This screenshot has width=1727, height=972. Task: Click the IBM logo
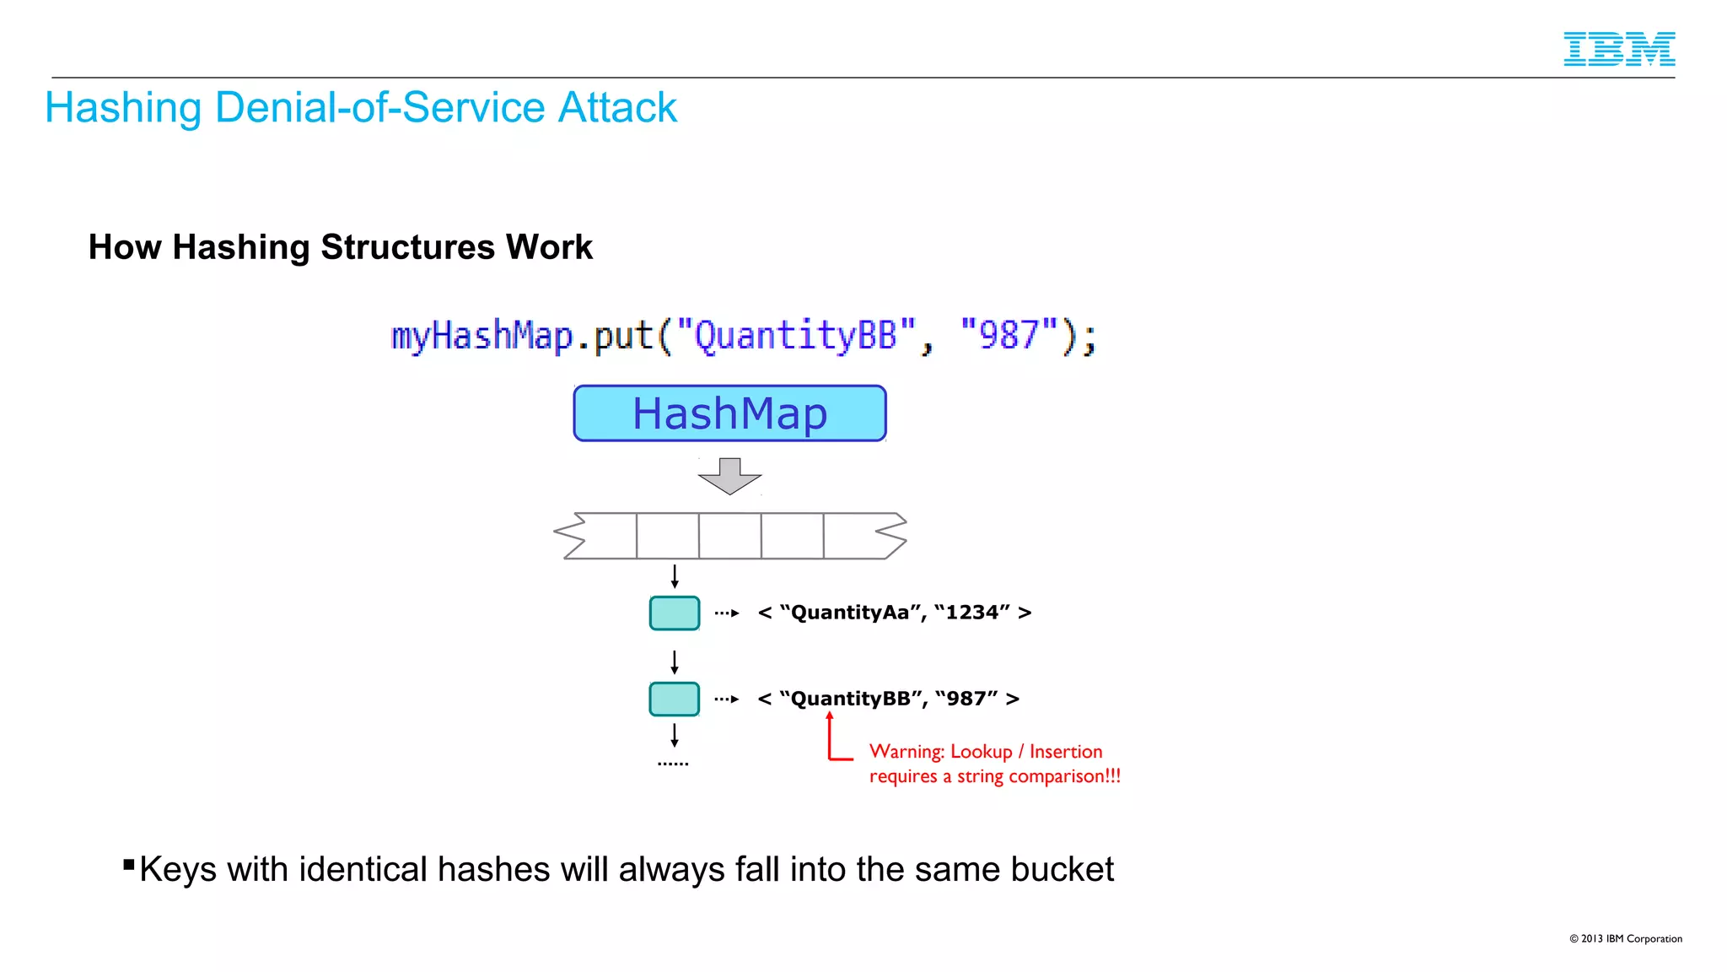tap(1618, 49)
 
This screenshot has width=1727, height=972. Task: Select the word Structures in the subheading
tap(407, 247)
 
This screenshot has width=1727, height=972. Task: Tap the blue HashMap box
tap(729, 413)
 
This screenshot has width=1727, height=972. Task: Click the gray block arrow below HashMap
tap(729, 476)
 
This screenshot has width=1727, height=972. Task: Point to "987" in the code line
tap(1009, 335)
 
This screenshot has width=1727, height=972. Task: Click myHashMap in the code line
tap(482, 336)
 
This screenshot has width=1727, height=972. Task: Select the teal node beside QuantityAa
tap(674, 613)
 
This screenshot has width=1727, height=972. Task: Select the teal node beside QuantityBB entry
tap(674, 699)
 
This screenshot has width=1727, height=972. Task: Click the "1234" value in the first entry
tap(972, 613)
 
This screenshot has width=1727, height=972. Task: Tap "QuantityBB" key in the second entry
tap(850, 699)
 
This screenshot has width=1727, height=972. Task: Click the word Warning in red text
tap(906, 752)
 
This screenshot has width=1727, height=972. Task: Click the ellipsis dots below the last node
tap(673, 764)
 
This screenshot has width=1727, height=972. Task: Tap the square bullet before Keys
tap(129, 864)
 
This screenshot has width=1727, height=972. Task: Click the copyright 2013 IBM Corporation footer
tap(1625, 938)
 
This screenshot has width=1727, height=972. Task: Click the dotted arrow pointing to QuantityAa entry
tap(727, 613)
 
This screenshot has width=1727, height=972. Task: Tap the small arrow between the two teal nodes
tap(675, 661)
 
